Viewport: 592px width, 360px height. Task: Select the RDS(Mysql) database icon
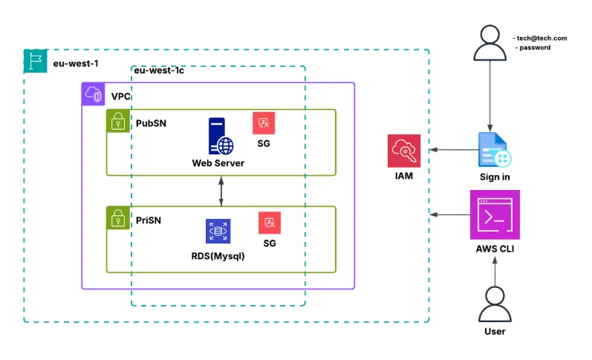218,232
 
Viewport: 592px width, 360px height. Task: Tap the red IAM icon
404,151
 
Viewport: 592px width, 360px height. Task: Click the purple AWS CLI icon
495,215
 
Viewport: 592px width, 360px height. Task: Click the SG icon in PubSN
264,123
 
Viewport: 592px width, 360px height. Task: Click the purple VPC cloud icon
94,94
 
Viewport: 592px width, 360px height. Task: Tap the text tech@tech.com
543,38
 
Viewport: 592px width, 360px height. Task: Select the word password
536,48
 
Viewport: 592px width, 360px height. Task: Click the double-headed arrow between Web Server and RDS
221,192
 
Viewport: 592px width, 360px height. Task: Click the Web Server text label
218,163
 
